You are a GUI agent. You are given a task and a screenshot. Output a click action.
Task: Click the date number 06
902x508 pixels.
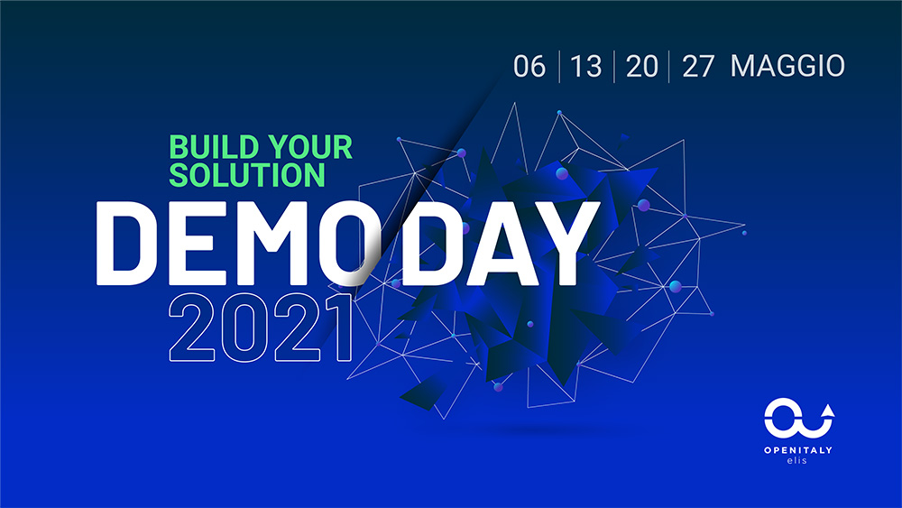(529, 66)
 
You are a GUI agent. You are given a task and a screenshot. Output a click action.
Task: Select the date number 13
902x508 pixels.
(585, 66)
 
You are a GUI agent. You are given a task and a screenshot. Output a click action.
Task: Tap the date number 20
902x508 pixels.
(642, 66)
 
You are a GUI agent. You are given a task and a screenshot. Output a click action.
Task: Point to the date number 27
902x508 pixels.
(698, 66)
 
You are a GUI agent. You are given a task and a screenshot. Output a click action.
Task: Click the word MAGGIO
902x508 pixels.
(787, 66)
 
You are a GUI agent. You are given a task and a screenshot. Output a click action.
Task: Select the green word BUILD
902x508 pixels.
(214, 147)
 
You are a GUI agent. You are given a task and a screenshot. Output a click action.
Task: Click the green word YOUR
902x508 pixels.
(310, 147)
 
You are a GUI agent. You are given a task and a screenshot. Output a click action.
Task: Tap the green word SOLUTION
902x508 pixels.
(247, 174)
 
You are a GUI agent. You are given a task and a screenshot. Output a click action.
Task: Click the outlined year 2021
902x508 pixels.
(261, 328)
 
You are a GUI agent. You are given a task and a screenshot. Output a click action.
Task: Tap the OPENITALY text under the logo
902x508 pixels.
(798, 450)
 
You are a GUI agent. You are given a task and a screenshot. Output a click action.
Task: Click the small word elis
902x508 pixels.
(797, 460)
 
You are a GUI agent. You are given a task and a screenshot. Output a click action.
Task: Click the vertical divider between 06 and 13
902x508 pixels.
(559, 67)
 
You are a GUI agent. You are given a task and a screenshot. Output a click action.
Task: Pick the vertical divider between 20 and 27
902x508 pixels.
(669, 67)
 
